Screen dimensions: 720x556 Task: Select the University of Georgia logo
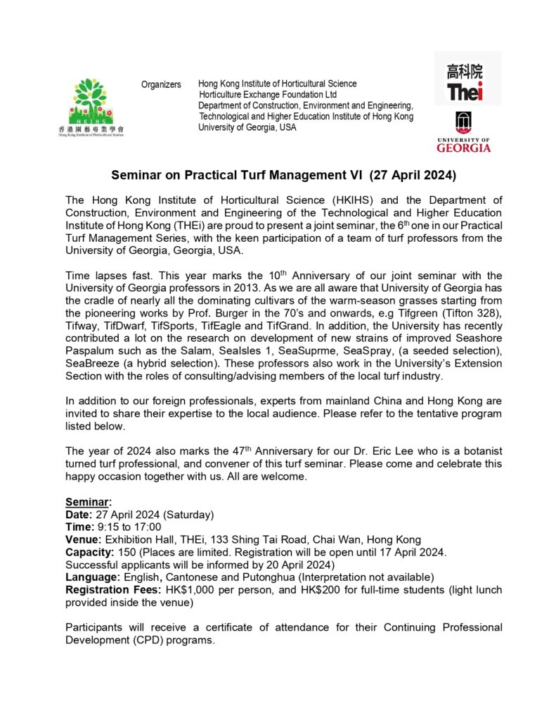pyautogui.click(x=464, y=131)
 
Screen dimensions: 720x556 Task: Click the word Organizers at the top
pyautogui.click(x=161, y=84)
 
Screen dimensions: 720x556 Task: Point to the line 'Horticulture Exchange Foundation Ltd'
pyautogui.click(x=268, y=94)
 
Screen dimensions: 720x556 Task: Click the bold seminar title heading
pyautogui.click(x=283, y=174)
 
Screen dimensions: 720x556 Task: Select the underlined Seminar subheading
pyautogui.click(x=88, y=503)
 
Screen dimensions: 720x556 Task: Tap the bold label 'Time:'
pyautogui.click(x=78, y=527)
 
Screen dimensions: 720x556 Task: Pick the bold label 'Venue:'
pyautogui.click(x=82, y=539)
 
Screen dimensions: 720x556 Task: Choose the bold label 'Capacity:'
pyautogui.click(x=88, y=551)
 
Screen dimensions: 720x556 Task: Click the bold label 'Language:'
pyautogui.click(x=91, y=577)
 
